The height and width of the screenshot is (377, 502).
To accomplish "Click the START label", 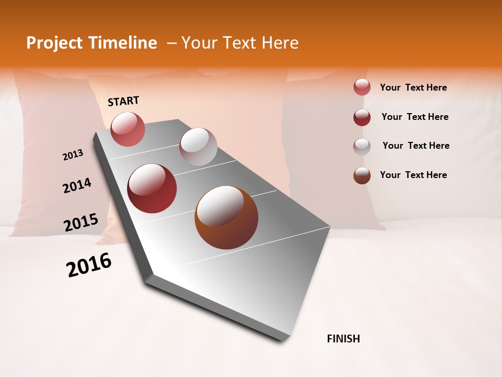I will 123,101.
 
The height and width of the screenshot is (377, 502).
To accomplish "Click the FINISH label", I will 343,339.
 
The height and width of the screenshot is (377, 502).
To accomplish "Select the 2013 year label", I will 73,155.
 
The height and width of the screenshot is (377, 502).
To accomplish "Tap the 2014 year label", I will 77,186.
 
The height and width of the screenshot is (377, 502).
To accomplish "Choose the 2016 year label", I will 89,265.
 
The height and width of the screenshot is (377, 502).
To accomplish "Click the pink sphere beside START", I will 128,129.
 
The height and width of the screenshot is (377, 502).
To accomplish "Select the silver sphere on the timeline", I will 198,147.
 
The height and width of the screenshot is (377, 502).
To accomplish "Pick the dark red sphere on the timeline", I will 152,188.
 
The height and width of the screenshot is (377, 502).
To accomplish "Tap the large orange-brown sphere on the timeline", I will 226,217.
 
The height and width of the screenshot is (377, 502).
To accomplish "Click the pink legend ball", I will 362,87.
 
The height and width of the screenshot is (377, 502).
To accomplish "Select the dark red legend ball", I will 362,117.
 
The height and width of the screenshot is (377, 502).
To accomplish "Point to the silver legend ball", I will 362,147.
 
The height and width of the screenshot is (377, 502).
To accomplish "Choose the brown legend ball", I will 362,175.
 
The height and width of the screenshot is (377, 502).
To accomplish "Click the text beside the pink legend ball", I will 413,87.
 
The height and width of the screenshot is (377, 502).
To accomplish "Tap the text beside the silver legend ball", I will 416,146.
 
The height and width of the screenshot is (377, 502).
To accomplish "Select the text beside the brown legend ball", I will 413,175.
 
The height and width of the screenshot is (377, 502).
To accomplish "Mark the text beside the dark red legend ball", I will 415,117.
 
